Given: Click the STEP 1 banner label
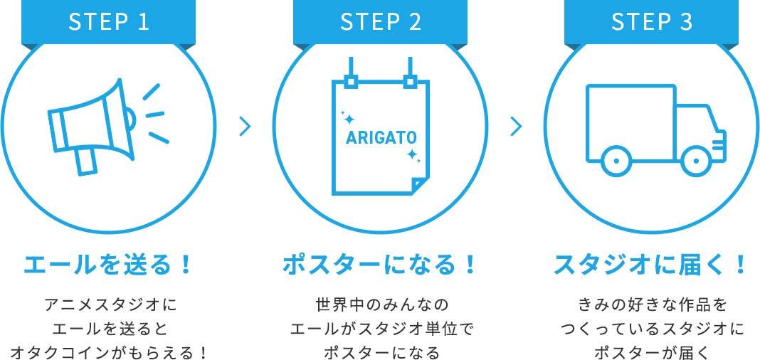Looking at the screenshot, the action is pos(109,22).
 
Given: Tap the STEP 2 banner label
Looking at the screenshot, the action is pos(381,22).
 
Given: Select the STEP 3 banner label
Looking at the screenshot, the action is pos(652,22).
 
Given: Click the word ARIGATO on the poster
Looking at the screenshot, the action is pos(381,137).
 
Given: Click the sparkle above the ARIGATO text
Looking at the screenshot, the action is pos(347,117).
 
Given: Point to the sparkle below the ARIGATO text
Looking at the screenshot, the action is pos(413,155).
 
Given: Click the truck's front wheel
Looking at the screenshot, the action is pos(696,160).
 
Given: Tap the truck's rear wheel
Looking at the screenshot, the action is pos(616,160).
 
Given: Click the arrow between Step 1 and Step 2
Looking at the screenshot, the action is pos(246,127).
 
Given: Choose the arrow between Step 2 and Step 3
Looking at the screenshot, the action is pos(517,127).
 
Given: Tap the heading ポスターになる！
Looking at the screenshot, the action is pos(380,265).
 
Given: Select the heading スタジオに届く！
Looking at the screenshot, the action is pos(651,265).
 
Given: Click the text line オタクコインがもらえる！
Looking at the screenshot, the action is pos(109,352).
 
